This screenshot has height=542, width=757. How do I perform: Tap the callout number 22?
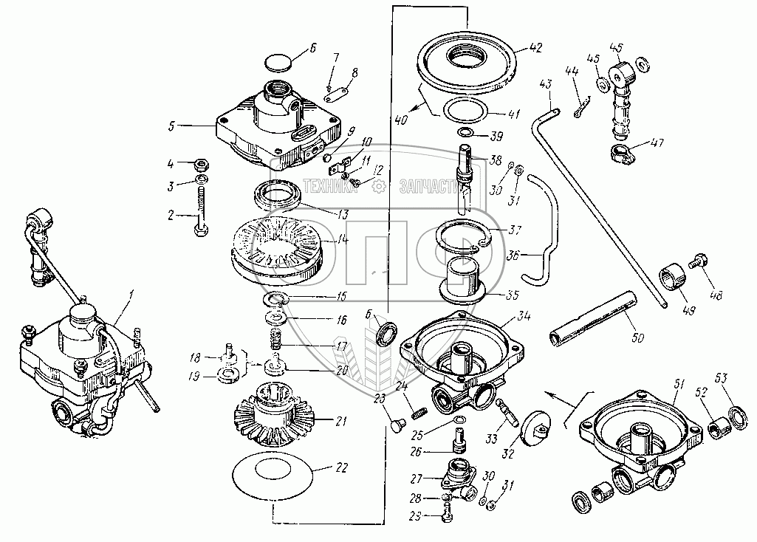point(341,467)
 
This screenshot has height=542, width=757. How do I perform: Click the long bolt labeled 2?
point(200,213)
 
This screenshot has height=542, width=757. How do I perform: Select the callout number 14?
point(341,240)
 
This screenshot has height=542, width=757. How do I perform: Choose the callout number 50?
point(637,337)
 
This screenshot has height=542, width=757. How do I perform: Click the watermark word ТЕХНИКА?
point(329,188)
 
